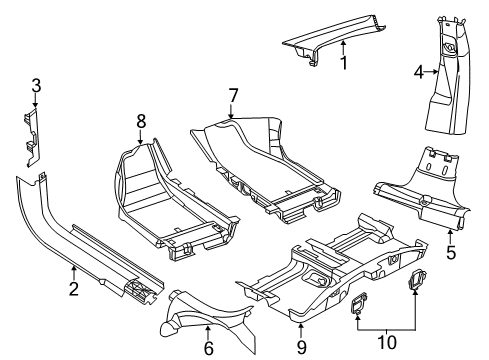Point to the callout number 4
[x=419, y=71]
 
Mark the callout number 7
[x=232, y=95]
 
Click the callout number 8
[x=141, y=122]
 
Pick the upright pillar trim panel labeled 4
[x=446, y=85]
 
